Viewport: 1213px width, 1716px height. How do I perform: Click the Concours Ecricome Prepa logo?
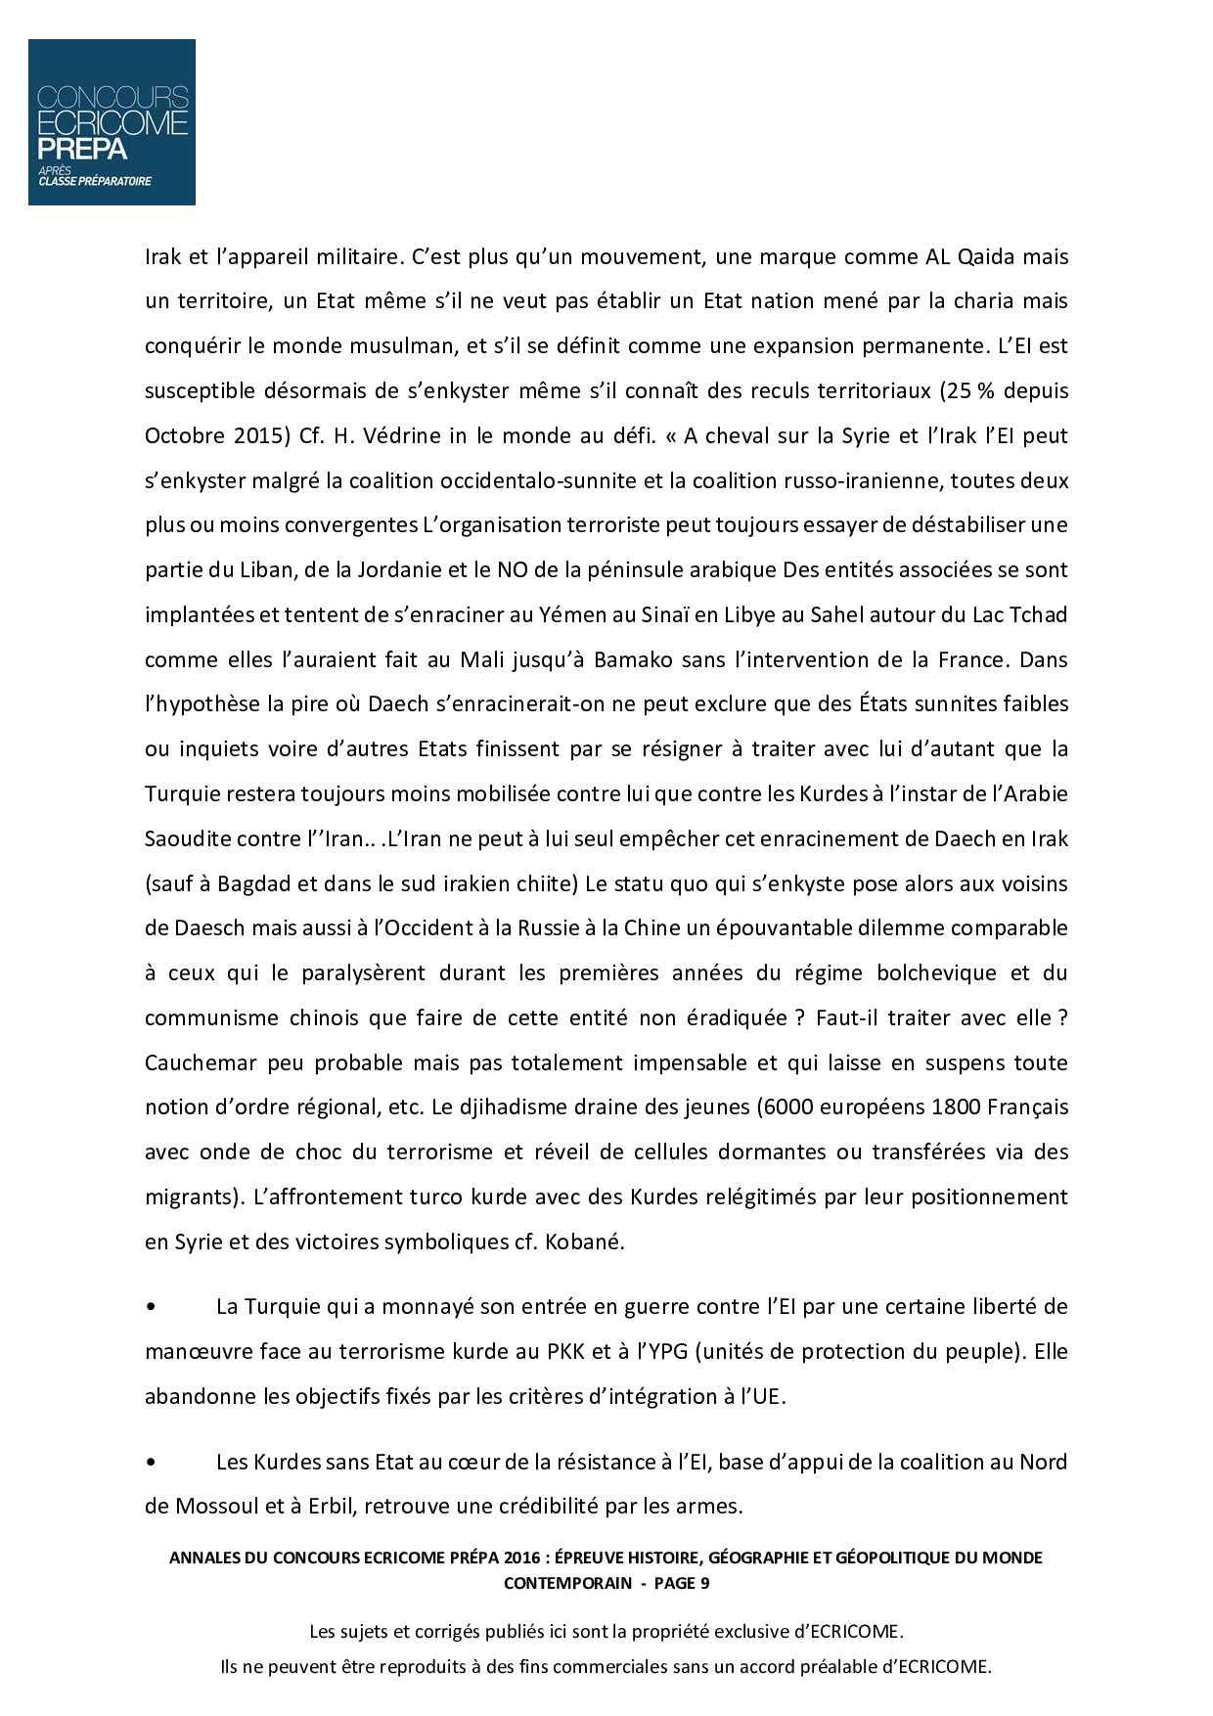point(112,122)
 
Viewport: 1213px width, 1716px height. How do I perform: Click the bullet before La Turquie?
point(151,1307)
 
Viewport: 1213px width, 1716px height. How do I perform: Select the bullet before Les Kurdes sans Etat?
point(151,1463)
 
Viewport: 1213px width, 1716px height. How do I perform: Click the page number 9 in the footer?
point(704,1583)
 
